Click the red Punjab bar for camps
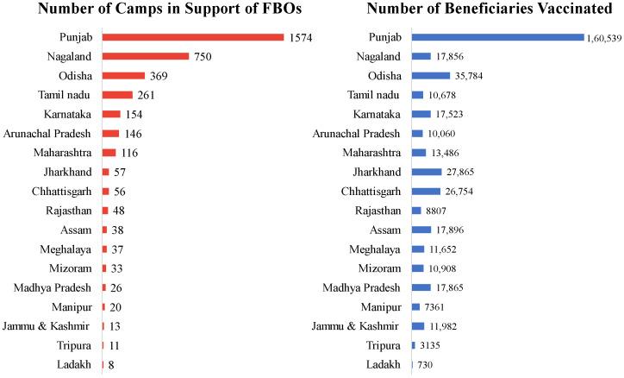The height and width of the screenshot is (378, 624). click(193, 37)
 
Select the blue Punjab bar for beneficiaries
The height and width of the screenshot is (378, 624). click(497, 37)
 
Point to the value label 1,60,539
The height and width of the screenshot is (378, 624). click(603, 37)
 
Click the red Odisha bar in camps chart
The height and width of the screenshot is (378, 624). click(123, 75)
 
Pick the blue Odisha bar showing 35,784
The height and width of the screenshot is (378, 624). click(431, 75)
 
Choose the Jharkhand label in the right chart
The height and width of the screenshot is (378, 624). click(376, 172)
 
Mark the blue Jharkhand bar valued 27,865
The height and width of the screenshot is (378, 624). click(427, 172)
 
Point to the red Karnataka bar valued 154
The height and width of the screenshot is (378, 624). click(111, 114)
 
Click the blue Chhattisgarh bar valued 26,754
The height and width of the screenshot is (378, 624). click(427, 191)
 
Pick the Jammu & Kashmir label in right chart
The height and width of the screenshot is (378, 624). click(358, 326)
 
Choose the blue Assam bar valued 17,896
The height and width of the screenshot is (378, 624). click(421, 230)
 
